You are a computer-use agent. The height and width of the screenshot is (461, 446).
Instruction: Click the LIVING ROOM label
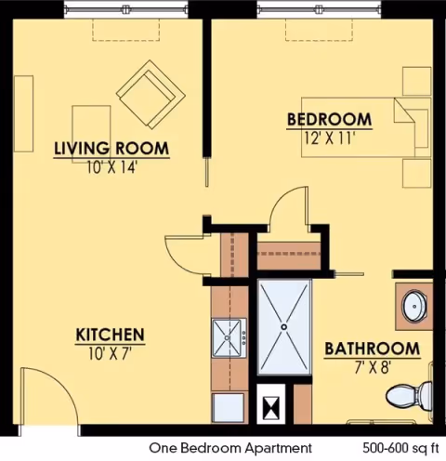[111, 148]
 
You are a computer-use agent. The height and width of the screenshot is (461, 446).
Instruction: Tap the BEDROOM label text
[329, 120]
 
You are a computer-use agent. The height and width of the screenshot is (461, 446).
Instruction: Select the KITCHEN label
[109, 335]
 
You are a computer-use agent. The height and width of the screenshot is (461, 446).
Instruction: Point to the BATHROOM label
[372, 349]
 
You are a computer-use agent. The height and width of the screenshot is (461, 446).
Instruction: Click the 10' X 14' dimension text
[111, 167]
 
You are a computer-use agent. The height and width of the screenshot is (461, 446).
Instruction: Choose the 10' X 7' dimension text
[109, 353]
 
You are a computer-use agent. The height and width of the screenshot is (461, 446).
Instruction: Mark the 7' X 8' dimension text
[372, 368]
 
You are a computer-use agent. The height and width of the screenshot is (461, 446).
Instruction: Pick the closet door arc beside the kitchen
[184, 250]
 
